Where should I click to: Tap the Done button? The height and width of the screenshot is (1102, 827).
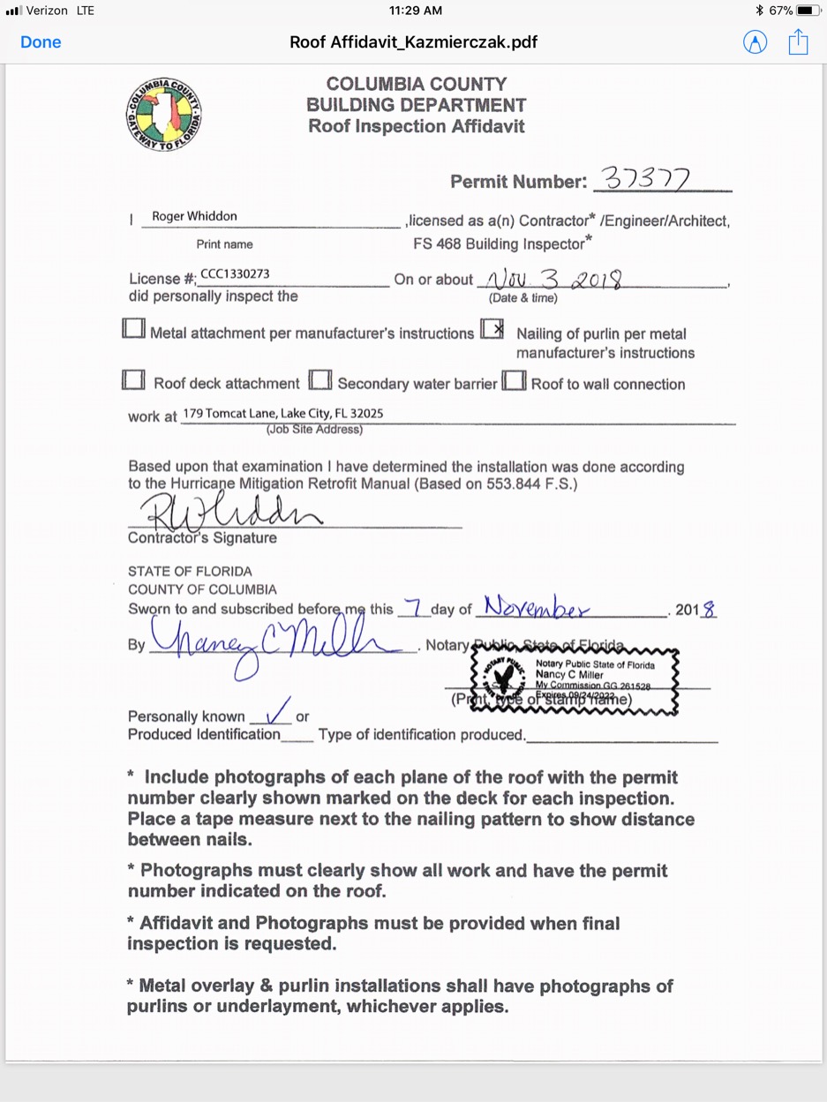click(x=41, y=42)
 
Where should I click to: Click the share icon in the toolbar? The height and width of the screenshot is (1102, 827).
click(x=798, y=41)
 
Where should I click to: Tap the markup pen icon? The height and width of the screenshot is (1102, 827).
click(x=756, y=42)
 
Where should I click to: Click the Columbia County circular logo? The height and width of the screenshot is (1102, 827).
click(x=164, y=115)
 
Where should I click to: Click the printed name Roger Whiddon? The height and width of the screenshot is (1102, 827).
click(x=194, y=216)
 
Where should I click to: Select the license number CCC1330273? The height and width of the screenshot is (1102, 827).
click(x=235, y=274)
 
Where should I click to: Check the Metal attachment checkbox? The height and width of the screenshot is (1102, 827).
click(x=134, y=329)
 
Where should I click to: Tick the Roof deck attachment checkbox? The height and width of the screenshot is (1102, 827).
click(x=134, y=380)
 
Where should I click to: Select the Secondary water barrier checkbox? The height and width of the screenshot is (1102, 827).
click(x=321, y=380)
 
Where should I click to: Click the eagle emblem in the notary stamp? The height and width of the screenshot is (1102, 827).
click(x=505, y=678)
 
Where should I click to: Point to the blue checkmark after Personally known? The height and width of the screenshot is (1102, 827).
click(x=279, y=709)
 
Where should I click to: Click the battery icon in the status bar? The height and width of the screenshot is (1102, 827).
click(x=808, y=11)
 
